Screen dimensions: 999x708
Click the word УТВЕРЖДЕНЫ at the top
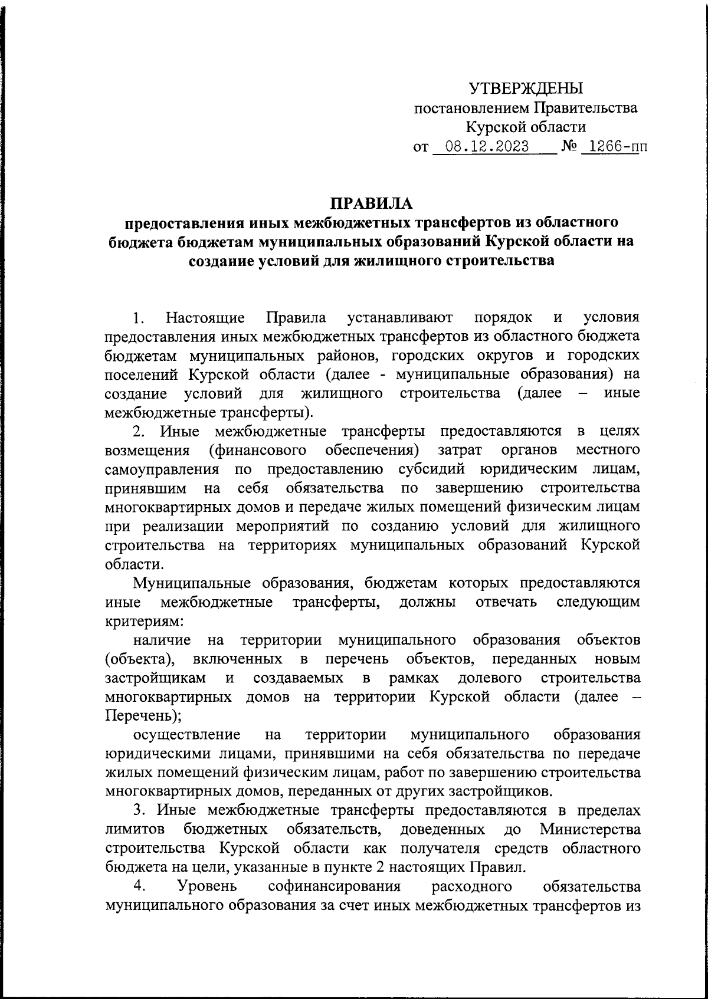(525, 89)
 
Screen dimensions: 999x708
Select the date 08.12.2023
(487, 146)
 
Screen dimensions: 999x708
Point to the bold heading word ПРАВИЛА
(371, 203)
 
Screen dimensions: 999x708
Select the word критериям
(144, 621)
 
